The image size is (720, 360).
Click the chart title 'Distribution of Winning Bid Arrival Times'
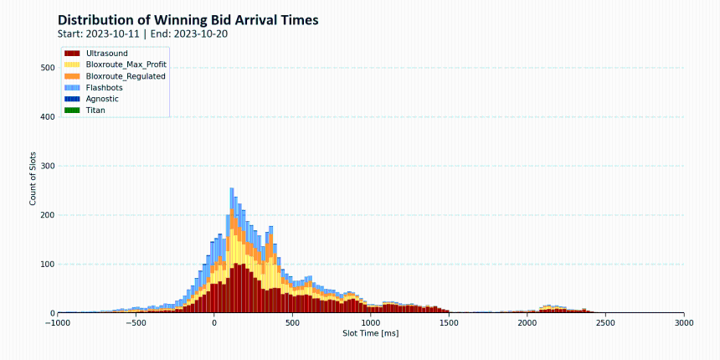188,20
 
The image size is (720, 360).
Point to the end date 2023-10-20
201,34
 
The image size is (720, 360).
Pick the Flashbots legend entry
94,87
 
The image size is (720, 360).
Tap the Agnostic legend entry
92,99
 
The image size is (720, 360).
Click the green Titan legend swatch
73,111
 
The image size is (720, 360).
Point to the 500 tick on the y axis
49,68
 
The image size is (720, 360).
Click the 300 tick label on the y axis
49,166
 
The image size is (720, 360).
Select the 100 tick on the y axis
49,264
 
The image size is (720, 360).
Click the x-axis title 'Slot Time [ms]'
371,333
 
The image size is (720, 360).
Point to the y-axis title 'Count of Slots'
33,178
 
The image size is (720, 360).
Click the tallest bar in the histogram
232,250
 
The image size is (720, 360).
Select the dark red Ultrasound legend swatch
73,54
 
